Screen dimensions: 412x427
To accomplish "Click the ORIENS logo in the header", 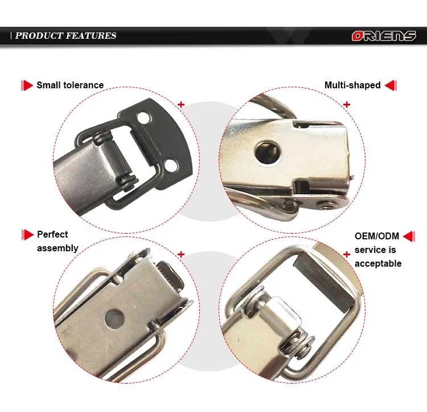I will click(x=383, y=36).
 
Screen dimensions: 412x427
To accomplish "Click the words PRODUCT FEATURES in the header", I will click(x=65, y=35).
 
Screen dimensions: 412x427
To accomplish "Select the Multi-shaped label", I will click(x=352, y=85).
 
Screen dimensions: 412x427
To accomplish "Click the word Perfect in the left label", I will click(x=52, y=234).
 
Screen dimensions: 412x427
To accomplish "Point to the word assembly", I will click(x=58, y=248).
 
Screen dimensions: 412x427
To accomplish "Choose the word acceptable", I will click(x=378, y=263).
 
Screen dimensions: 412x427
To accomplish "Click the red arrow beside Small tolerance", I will click(x=27, y=85).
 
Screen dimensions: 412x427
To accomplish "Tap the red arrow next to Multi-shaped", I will click(x=391, y=85).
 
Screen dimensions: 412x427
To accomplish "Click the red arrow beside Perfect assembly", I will click(x=27, y=234).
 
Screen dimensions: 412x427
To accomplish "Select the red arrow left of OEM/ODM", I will click(x=347, y=254).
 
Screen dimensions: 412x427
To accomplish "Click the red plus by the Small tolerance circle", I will click(x=182, y=105).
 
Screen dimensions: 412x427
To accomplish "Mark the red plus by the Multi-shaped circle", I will click(x=347, y=105).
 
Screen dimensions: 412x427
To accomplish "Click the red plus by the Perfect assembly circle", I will click(x=182, y=255).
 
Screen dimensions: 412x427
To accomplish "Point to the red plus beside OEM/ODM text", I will click(x=347, y=254).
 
